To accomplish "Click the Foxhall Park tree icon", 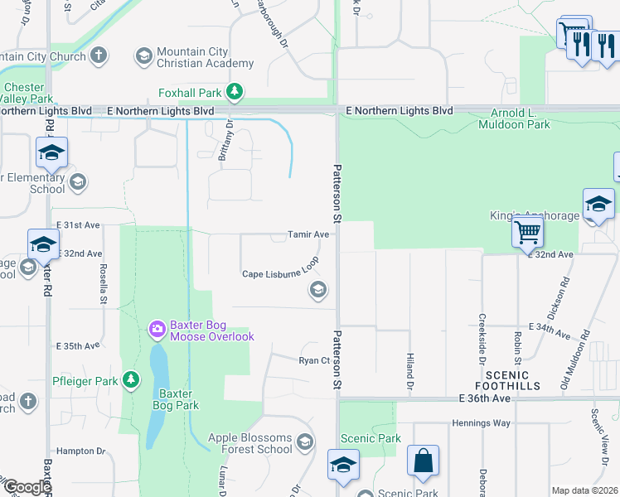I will pos(235,91).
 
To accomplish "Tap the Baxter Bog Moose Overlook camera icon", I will pos(157,330).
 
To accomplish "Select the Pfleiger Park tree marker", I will pos(130,379).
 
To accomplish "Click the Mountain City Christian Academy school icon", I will pos(143,56).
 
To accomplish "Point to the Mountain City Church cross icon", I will pos(99,56).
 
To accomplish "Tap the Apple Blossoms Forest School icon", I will pos(306,442).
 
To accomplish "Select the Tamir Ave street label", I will pos(308,234).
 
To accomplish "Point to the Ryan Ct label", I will pos(314,360).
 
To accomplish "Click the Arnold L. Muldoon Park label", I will pos(514,118).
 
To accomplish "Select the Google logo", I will pos(27,487).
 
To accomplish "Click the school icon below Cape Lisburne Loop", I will pos(317,290).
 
